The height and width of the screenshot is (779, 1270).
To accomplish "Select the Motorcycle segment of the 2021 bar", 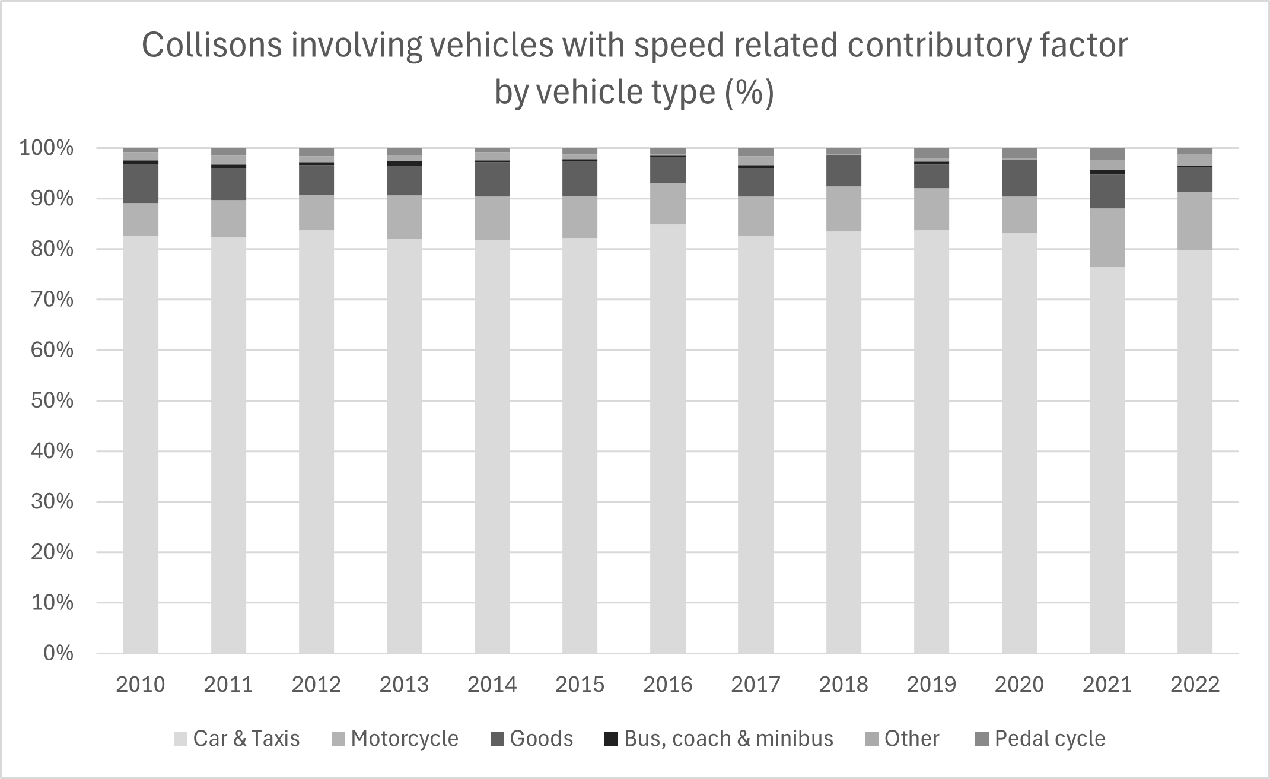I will coord(1107,237).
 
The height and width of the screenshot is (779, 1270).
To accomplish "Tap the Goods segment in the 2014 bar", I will coord(492,179).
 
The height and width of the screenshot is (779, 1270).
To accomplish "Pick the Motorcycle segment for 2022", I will coord(1195,220).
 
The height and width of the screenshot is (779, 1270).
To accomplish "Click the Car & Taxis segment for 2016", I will coord(667,438).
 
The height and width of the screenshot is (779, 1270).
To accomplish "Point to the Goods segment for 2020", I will coord(1019,178).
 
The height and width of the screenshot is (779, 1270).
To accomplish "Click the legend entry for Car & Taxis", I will coord(237,739).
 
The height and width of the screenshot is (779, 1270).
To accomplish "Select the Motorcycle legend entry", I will coord(394,739).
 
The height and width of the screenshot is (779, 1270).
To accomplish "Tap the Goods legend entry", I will coord(531,739).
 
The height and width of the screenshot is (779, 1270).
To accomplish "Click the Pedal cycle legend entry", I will coord(1040,739).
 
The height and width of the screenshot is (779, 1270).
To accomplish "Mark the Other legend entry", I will coord(902,739).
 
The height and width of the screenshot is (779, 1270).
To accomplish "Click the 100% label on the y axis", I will coord(47,148).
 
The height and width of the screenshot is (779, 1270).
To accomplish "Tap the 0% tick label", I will coord(59,653).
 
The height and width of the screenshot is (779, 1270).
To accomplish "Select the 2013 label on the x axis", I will coord(404,685).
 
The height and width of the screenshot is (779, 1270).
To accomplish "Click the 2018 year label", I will coord(844,685).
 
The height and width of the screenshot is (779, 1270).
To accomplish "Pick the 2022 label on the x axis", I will coord(1195,685).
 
